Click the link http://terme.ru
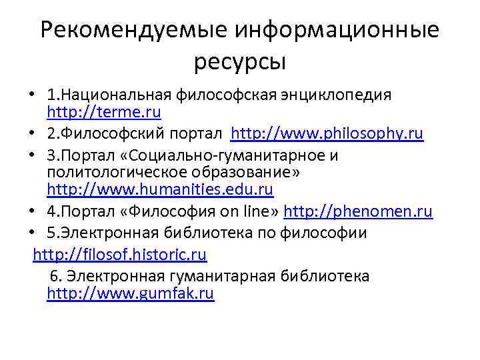(x=104, y=111)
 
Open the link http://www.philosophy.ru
(x=327, y=134)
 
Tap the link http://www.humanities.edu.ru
(x=160, y=189)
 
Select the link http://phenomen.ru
(x=358, y=212)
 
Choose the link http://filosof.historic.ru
(x=120, y=254)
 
